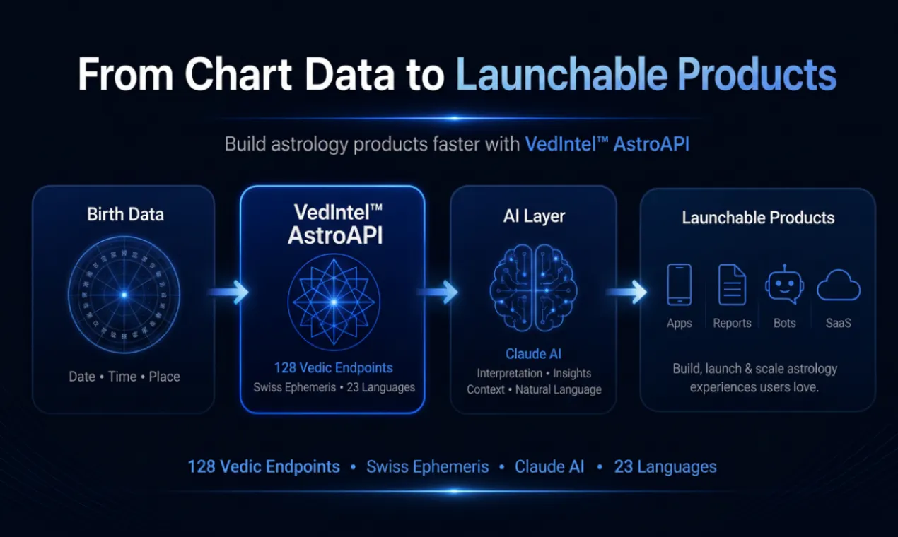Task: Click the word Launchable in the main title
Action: [561, 74]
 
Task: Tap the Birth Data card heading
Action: [125, 214]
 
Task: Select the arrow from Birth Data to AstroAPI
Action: [228, 292]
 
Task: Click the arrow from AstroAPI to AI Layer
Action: [438, 292]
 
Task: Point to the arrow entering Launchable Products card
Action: [626, 292]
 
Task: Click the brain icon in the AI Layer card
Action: [534, 288]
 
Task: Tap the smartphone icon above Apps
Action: [679, 285]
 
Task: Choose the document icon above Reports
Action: [732, 285]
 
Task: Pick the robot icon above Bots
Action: [785, 285]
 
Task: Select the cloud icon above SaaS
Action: [839, 285]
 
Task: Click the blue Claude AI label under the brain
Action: [533, 354]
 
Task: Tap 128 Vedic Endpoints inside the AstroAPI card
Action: [334, 368]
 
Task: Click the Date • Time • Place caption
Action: [124, 377]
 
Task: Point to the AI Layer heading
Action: [534, 216]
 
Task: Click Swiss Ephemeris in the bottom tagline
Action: [427, 467]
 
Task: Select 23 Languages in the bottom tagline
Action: [665, 467]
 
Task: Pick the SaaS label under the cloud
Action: [839, 323]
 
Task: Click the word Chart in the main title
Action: [238, 74]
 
